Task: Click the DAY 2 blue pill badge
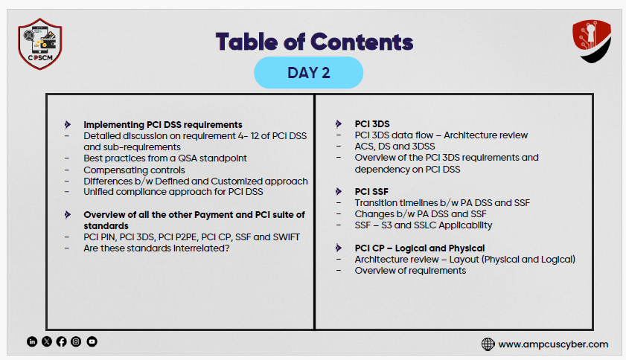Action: click(309, 73)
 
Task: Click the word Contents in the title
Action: click(362, 42)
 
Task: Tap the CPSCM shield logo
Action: click(40, 44)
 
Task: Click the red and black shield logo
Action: click(592, 41)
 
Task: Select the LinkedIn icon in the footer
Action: click(32, 341)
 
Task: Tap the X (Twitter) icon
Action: click(47, 341)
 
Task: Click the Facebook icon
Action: click(62, 341)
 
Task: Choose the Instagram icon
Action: click(76, 341)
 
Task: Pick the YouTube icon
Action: click(92, 341)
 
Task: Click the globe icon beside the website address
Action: click(488, 344)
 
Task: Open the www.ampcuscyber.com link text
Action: click(553, 344)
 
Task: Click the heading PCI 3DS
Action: click(372, 124)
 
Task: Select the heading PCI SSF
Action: click(371, 192)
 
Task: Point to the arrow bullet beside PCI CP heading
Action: click(339, 248)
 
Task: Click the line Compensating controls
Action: click(134, 170)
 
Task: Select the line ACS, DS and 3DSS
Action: click(395, 147)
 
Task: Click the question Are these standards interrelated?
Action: click(156, 248)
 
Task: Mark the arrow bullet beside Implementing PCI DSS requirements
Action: click(68, 125)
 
